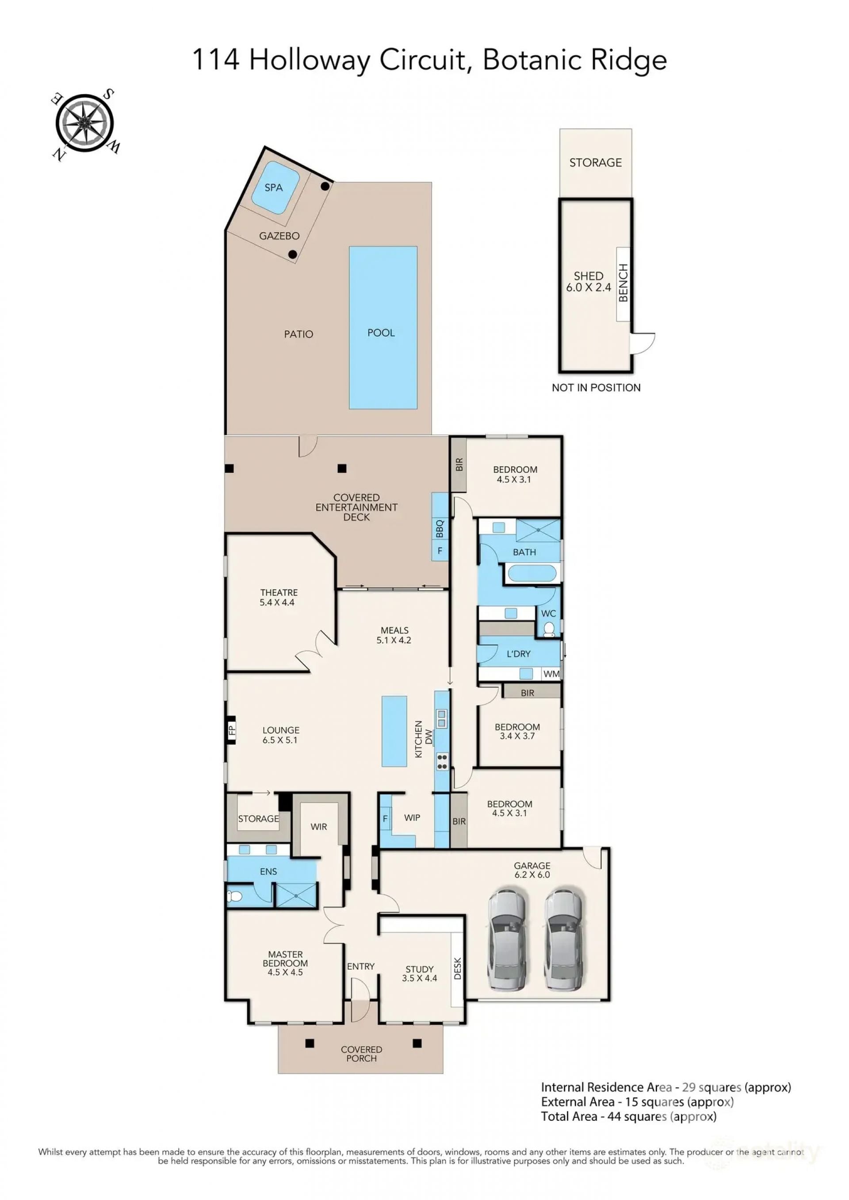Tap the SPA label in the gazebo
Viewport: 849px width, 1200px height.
(273, 187)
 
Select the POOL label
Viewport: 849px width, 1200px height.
(381, 333)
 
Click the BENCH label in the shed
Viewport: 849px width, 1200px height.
(623, 283)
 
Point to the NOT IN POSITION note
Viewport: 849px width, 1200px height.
(596, 387)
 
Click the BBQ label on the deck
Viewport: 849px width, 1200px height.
(440, 528)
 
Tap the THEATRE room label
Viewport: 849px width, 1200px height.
(279, 592)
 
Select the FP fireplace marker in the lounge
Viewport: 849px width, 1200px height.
(232, 730)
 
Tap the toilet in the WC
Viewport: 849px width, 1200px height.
(549, 629)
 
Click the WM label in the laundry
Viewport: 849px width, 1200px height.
(551, 674)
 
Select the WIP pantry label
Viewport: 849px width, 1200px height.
(412, 817)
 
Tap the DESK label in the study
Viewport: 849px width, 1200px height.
(457, 968)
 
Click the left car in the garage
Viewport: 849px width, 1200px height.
(505, 939)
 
